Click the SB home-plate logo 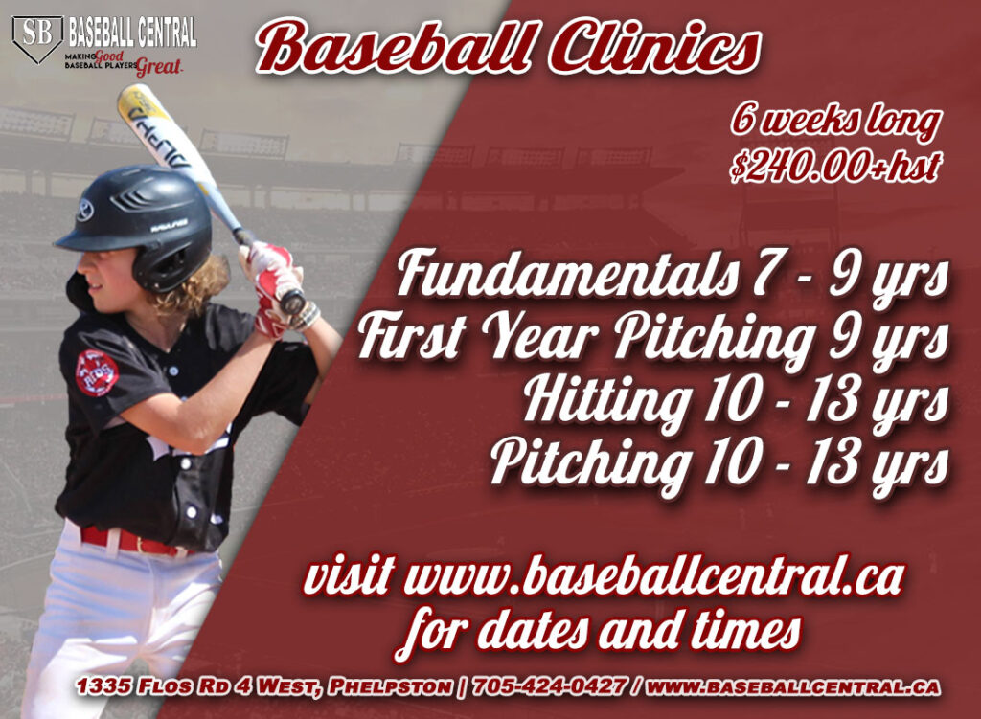pyautogui.click(x=37, y=38)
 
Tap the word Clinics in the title pyautogui.click(x=654, y=48)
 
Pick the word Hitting pyautogui.click(x=606, y=400)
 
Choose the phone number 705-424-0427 pyautogui.click(x=549, y=685)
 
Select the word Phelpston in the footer pyautogui.click(x=391, y=686)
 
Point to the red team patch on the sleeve pyautogui.click(x=97, y=372)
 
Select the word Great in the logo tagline pyautogui.click(x=159, y=66)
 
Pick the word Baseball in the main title pyautogui.click(x=395, y=48)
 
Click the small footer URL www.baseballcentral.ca pyautogui.click(x=792, y=686)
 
